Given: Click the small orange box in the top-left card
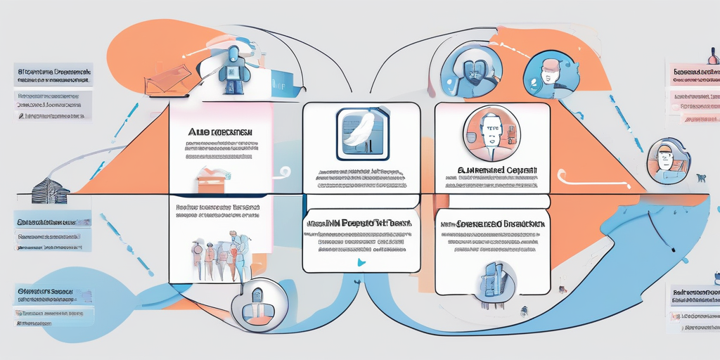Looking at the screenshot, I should [212, 181].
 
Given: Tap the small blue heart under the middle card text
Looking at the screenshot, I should [361, 262].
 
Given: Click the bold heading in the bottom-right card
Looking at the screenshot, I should [492, 223].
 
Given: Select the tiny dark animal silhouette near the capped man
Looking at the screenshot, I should [702, 178].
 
